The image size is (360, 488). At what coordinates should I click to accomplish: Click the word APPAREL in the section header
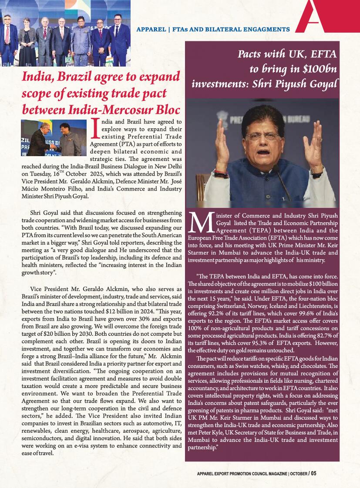(x=151, y=30)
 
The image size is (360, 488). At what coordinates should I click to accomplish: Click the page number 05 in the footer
(x=313, y=474)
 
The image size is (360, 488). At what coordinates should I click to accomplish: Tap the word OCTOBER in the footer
(x=298, y=474)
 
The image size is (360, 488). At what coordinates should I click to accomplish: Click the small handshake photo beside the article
(x=54, y=138)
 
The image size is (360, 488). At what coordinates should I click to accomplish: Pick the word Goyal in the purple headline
(x=322, y=83)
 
